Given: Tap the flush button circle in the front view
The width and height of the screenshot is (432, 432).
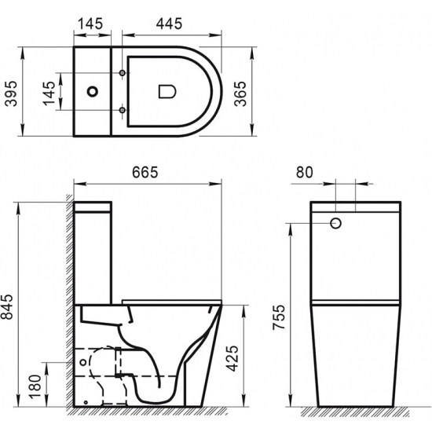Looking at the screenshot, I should tap(336, 224).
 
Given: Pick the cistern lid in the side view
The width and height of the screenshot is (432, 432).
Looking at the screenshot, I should tap(94, 206).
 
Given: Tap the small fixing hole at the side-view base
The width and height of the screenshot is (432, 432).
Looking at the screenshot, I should tap(86, 401).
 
